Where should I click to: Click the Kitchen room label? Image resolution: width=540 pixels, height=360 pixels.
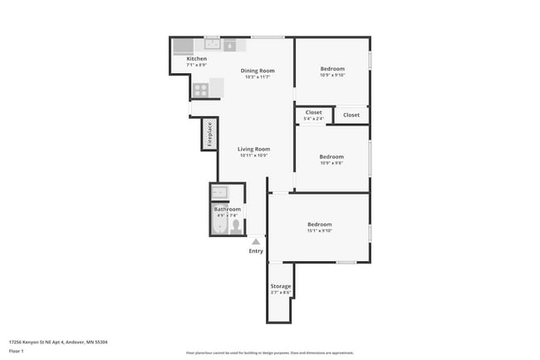pos(196,59)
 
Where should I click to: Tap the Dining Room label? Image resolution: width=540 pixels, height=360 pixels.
pos(258,71)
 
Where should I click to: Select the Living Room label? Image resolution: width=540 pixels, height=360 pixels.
pos(254,149)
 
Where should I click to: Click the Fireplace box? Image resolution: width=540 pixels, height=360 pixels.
pos(209,134)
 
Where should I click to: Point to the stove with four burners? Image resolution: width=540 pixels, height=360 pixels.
pos(200,89)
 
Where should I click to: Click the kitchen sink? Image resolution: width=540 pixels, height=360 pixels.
pos(213,44)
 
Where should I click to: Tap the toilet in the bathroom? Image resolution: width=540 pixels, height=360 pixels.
pos(236,225)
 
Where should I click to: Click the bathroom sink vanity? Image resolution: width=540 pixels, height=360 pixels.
pos(219,193)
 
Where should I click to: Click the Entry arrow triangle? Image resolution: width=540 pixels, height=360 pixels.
pos(256,242)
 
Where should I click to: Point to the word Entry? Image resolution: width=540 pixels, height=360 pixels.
pos(256,251)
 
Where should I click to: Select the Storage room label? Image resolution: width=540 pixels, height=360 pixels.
pos(281,286)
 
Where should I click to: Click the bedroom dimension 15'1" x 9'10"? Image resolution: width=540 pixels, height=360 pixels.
pos(320,230)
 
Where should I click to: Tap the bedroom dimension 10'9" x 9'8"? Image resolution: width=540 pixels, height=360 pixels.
pos(331,163)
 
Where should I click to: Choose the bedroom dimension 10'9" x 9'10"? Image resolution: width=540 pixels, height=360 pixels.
pos(331,75)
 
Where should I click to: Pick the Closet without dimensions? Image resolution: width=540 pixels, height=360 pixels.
pos(351,115)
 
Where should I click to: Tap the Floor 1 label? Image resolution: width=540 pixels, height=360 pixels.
pos(17,352)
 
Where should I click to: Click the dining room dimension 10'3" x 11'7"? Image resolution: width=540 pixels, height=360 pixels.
pos(258,77)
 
